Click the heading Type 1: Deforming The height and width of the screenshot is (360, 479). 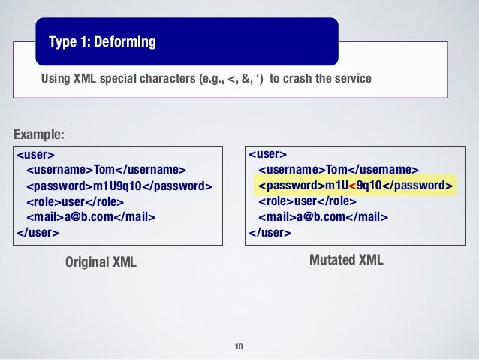click(x=103, y=41)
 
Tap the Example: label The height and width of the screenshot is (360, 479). click(x=39, y=135)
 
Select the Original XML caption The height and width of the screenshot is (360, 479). click(x=101, y=262)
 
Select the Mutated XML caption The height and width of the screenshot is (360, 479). click(x=346, y=260)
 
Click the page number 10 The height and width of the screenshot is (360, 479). click(x=239, y=346)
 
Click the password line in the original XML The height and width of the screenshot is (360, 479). click(x=119, y=186)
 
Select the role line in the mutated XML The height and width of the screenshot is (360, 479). click(x=308, y=201)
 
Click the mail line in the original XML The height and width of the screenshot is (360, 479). click(x=91, y=217)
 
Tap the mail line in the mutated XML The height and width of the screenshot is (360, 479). click(x=324, y=217)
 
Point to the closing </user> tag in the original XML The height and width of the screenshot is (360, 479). click(x=38, y=232)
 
